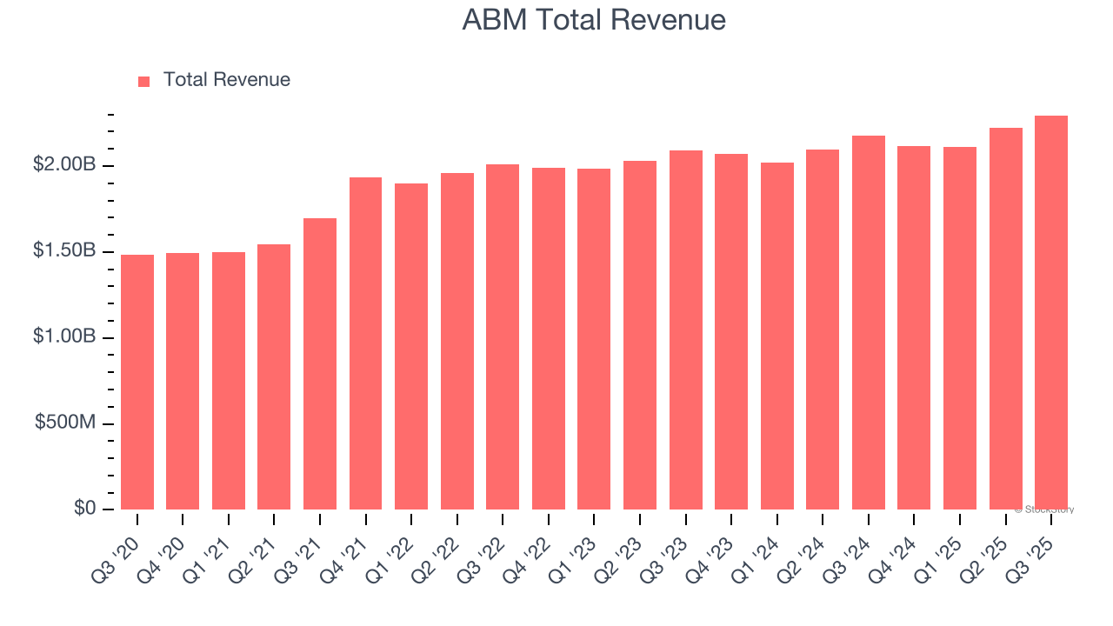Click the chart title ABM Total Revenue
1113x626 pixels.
click(x=594, y=19)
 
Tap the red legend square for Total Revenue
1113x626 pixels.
click(x=144, y=81)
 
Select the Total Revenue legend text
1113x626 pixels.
click(x=226, y=80)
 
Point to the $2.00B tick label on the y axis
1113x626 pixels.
click(x=64, y=164)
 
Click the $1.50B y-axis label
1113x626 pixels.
click(x=64, y=250)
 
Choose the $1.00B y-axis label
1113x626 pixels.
click(x=64, y=336)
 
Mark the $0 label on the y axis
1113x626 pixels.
click(x=83, y=508)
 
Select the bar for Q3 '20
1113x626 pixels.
click(x=137, y=383)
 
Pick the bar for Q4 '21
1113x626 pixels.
click(x=366, y=343)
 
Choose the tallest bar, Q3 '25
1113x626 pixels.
click(x=1050, y=313)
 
